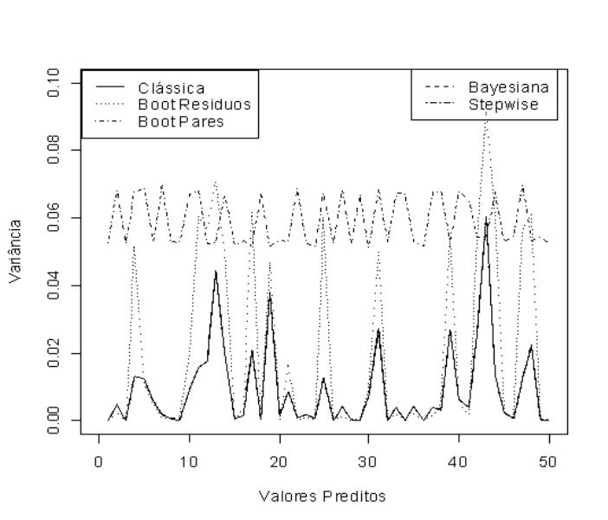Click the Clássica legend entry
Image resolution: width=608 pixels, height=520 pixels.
tap(171, 88)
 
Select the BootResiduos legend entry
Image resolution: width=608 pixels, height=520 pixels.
tap(194, 105)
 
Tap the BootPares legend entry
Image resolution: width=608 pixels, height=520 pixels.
tap(181, 121)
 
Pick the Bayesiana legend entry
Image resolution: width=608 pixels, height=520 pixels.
tap(508, 88)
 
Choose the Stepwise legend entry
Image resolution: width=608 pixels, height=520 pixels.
tap(503, 105)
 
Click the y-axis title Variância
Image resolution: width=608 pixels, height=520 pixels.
tap(16, 251)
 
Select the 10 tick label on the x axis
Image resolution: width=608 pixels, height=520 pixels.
tap(189, 459)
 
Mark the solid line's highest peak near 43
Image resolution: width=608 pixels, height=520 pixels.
tap(486, 219)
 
